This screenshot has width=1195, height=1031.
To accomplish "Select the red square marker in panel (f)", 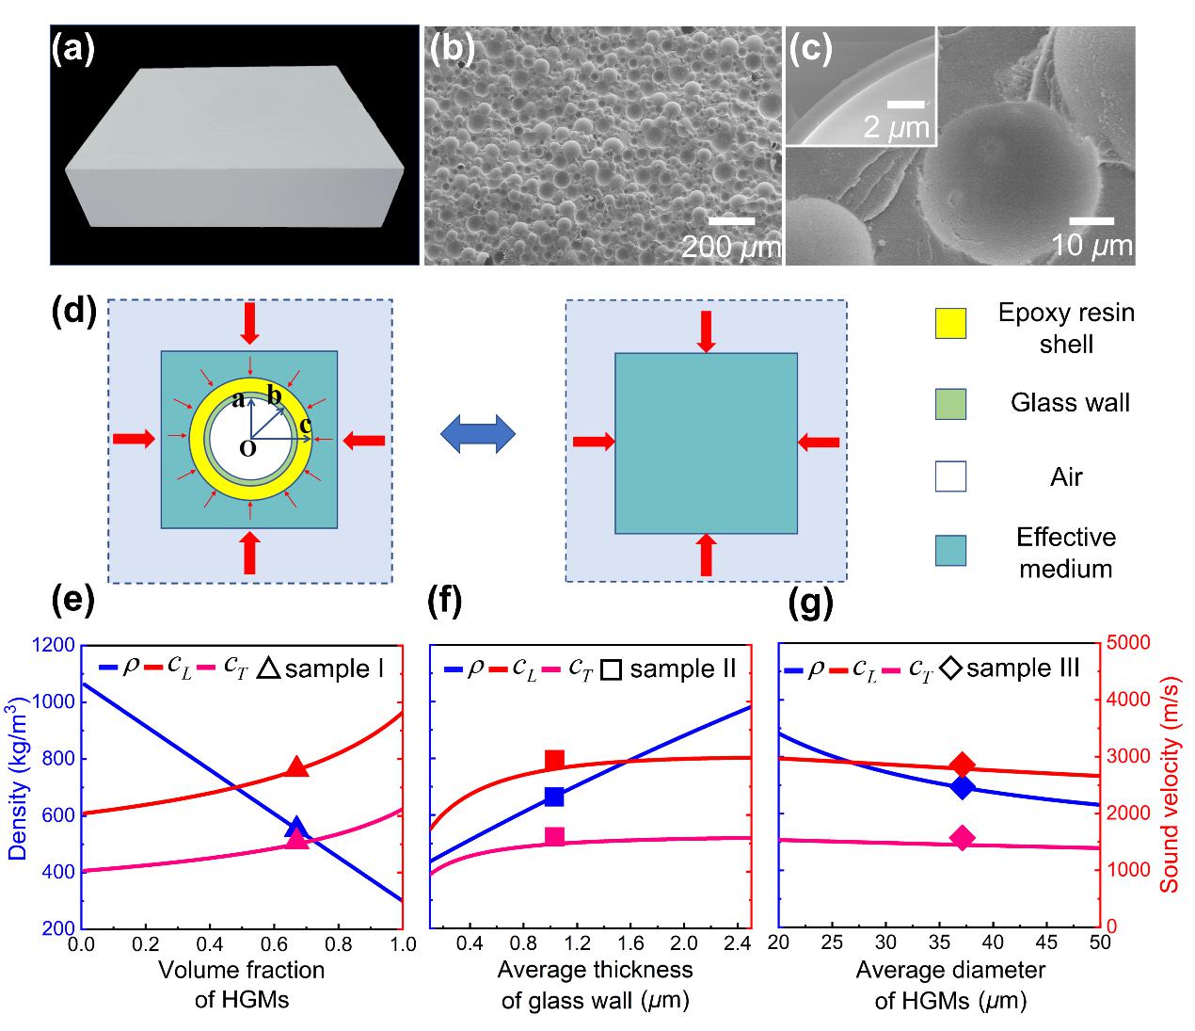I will [x=554, y=760].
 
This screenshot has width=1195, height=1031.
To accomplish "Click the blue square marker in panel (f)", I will [x=554, y=797].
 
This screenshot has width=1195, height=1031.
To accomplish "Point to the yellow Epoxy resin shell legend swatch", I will [x=950, y=323].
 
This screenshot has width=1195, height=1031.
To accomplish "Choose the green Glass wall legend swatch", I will [x=950, y=404].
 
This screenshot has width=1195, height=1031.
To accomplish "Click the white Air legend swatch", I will [x=950, y=476].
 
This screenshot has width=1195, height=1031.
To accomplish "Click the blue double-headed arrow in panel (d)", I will [x=479, y=435].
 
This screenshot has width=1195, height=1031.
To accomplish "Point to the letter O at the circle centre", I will [x=247, y=450].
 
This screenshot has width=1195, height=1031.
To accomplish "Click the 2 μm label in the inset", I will [x=896, y=128].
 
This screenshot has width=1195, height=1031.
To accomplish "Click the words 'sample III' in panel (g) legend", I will [x=1023, y=669].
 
